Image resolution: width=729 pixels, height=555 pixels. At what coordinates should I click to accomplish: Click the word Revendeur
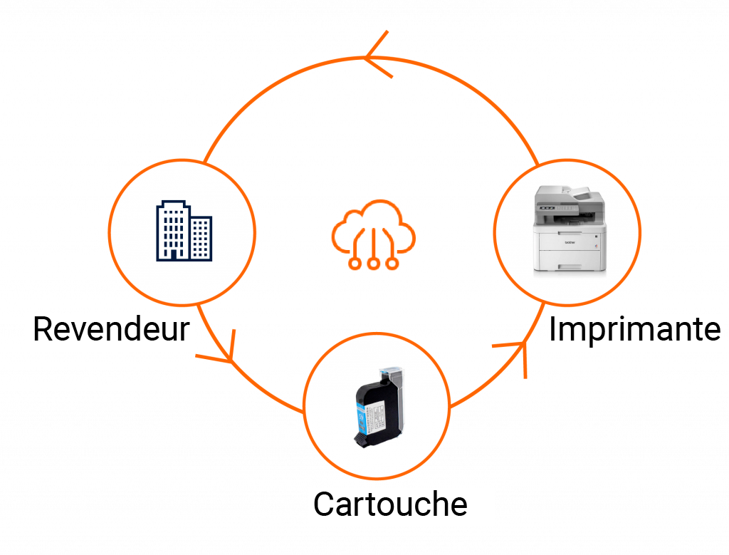(x=112, y=329)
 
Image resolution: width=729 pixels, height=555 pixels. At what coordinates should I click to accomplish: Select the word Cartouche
(x=391, y=504)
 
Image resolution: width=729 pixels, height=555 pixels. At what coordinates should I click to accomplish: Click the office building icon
(x=184, y=231)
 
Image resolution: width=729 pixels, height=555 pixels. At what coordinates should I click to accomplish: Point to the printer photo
(x=570, y=229)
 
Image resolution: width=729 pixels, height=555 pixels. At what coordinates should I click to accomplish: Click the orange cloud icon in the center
(x=373, y=234)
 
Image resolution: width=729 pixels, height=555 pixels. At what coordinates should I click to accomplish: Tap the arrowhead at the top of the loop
(x=377, y=55)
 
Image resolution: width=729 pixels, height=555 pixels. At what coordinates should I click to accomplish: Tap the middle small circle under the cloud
(x=373, y=264)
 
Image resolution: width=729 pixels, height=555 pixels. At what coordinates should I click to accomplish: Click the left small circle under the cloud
(x=355, y=264)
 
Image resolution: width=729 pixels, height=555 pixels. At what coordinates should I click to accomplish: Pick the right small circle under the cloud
(x=392, y=264)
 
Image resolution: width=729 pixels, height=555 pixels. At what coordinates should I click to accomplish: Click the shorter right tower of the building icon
(x=201, y=238)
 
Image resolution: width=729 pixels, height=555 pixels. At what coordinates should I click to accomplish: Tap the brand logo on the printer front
(x=570, y=242)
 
